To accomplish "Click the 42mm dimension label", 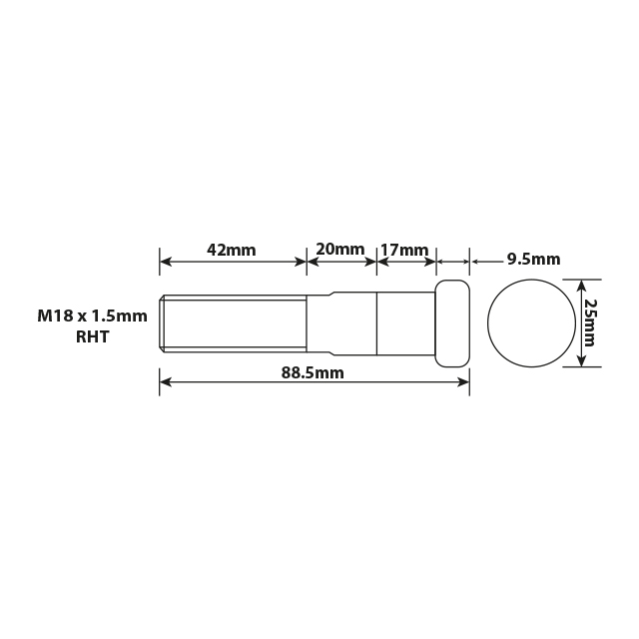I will (232, 249).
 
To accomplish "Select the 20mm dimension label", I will (340, 249).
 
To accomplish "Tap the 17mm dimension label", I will (404, 249).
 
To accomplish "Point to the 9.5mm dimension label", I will (533, 259).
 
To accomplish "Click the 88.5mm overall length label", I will (313, 372).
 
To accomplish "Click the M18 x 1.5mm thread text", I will (92, 316).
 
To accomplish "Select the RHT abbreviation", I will (92, 336).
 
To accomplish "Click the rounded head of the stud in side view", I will (452, 322).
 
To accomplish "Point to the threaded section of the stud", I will (233, 322).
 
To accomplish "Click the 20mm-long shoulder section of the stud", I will (341, 322).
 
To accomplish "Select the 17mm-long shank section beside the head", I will (405, 322).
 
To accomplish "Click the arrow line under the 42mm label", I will (233, 262).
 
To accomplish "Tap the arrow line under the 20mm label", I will (341, 262).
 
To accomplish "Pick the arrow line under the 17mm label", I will (406, 262).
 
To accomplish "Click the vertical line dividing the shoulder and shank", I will (376, 322).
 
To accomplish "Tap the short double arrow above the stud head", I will (453, 262).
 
